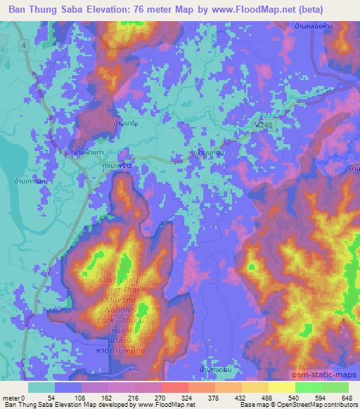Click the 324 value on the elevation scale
click(188, 397)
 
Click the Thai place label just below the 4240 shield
click(210, 150)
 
